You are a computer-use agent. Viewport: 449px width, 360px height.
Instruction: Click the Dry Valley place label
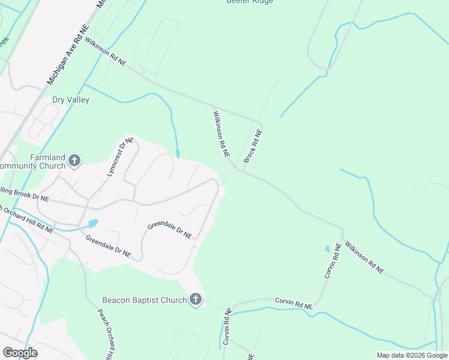click(71, 100)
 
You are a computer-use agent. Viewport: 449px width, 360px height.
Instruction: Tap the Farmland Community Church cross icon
click(74, 160)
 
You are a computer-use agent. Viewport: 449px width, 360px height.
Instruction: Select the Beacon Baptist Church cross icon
click(195, 299)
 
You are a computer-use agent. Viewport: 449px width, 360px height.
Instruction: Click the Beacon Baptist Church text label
click(144, 300)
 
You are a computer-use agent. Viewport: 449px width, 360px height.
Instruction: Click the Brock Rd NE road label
click(253, 146)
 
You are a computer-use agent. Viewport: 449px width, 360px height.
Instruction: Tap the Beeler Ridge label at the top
click(250, 2)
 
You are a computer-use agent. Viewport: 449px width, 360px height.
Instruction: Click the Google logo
click(20, 353)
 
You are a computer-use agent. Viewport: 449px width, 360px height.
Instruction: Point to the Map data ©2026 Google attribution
click(412, 355)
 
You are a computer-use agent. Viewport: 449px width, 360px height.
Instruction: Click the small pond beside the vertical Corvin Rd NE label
click(327, 248)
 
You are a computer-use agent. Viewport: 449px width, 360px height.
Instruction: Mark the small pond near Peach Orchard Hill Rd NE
click(92, 224)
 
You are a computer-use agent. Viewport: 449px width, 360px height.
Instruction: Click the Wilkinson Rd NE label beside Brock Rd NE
click(221, 133)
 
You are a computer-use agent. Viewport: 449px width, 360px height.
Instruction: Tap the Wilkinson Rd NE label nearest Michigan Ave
click(106, 52)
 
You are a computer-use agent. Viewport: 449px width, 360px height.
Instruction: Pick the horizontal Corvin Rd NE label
click(294, 303)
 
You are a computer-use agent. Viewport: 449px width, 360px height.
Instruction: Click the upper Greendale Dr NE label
click(170, 230)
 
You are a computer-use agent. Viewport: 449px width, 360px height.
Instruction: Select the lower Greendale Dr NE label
click(108, 245)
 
